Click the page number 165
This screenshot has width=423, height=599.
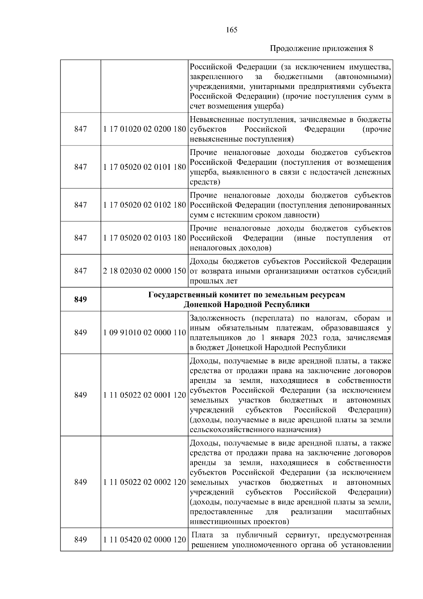tap(231, 30)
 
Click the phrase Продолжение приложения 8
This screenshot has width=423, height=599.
tap(321, 49)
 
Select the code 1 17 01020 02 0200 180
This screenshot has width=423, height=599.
tap(145, 129)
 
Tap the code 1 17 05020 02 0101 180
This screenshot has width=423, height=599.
tap(145, 167)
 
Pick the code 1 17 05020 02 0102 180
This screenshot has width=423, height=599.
tap(145, 205)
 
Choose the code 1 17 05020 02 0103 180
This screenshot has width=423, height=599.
tap(145, 238)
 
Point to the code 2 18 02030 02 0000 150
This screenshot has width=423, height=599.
tap(145, 271)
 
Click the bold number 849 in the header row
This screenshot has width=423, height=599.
tap(80, 299)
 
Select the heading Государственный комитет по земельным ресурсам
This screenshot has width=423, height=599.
tap(247, 295)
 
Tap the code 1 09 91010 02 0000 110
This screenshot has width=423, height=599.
tap(145, 333)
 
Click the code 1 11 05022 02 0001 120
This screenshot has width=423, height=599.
tap(145, 395)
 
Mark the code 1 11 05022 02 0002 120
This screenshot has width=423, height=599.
tap(145, 482)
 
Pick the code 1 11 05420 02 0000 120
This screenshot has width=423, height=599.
tap(145, 540)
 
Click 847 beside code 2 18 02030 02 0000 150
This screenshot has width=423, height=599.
tap(80, 271)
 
